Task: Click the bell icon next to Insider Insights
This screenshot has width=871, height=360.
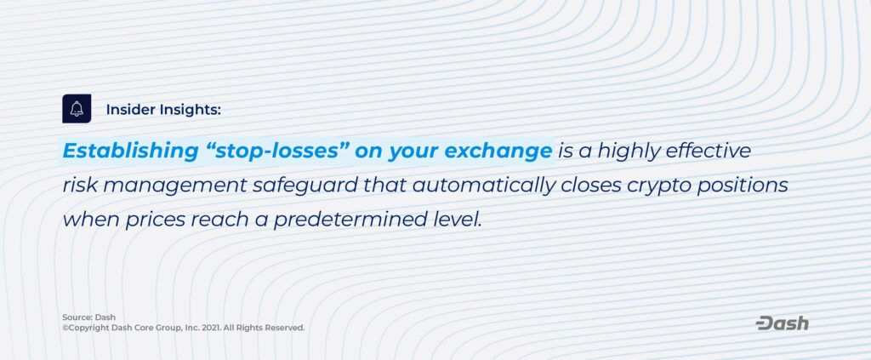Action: coord(77,109)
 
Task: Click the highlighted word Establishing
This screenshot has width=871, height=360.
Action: coord(130,151)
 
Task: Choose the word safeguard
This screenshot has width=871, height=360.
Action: coord(305,186)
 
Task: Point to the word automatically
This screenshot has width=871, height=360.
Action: coord(484,186)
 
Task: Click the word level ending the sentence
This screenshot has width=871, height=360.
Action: coord(454,220)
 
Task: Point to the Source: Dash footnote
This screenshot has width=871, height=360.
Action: coord(88,317)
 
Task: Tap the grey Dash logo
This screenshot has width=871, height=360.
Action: coord(783,324)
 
